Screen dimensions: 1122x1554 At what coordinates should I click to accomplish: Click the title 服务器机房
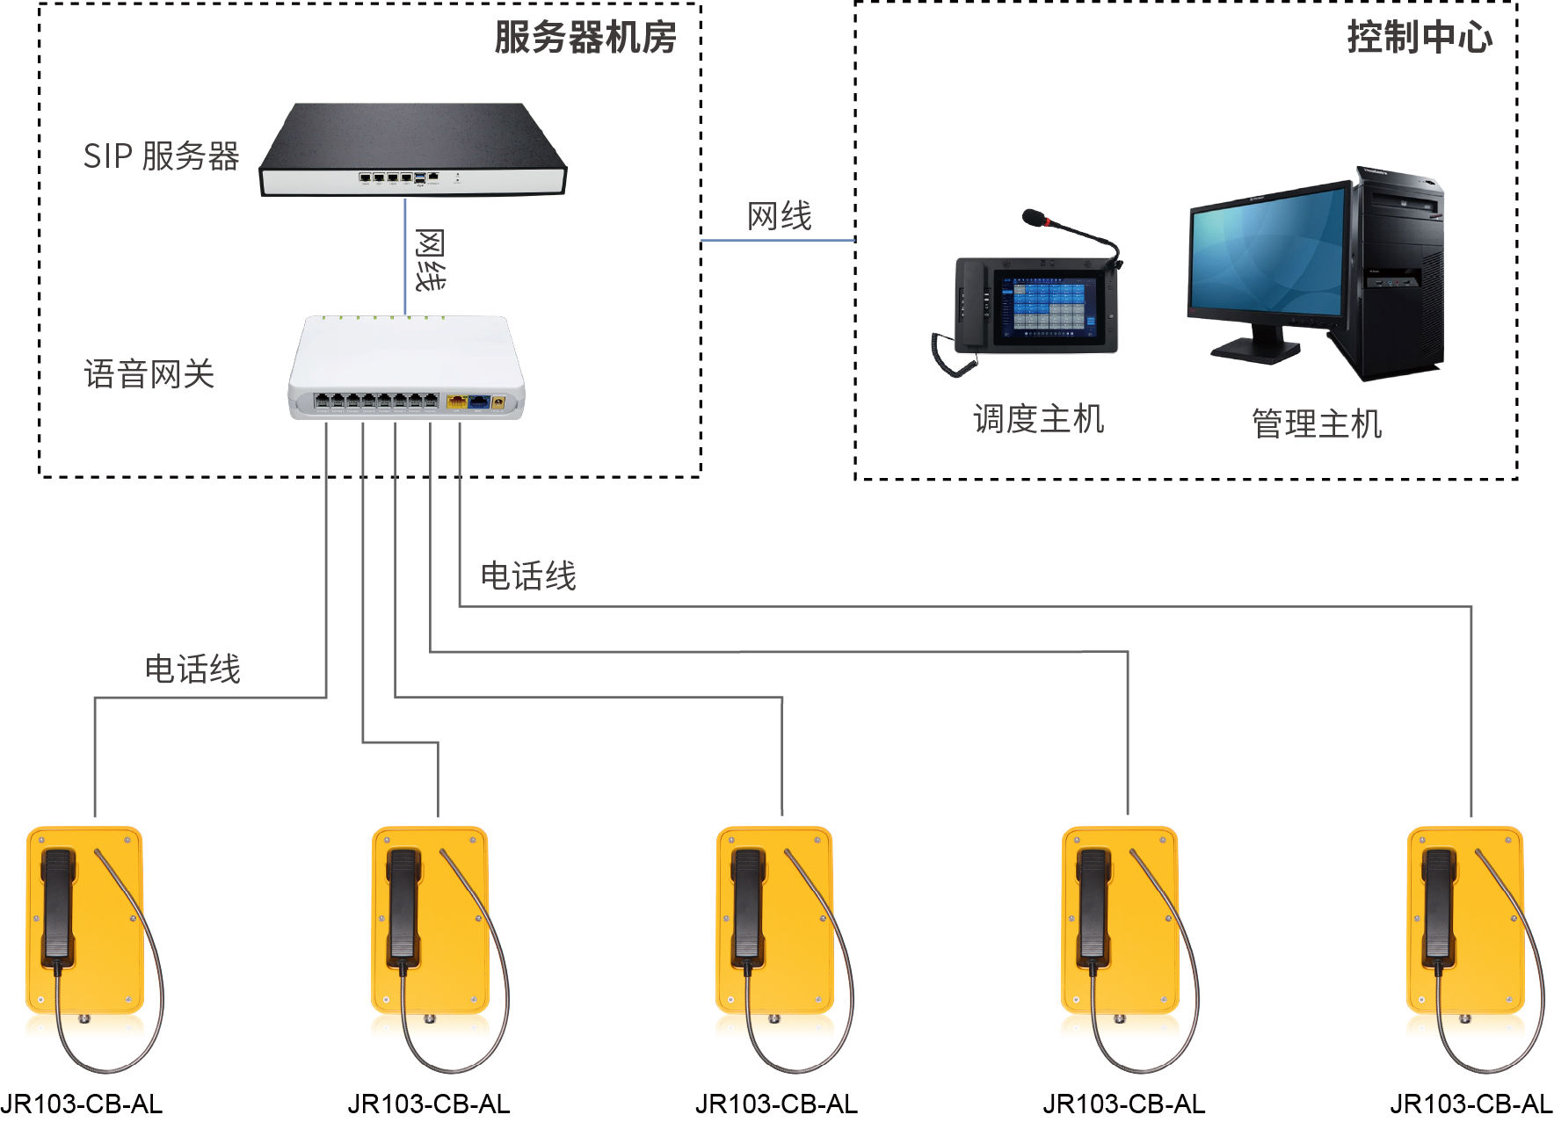tap(585, 38)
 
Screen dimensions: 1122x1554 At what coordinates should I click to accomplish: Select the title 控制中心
tap(1419, 38)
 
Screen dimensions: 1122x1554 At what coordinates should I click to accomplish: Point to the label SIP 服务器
tap(161, 156)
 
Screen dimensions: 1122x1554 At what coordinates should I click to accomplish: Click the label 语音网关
tap(149, 374)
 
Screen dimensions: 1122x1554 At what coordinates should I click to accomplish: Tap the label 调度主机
tap(1038, 419)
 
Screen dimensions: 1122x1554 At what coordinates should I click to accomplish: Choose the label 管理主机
tap(1316, 423)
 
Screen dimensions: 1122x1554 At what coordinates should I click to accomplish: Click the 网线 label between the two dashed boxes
tap(779, 216)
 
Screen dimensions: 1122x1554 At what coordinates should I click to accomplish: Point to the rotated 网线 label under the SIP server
tap(430, 260)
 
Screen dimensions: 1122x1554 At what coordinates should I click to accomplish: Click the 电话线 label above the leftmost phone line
tap(192, 670)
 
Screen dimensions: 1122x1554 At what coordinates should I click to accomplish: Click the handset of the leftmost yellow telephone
tap(57, 905)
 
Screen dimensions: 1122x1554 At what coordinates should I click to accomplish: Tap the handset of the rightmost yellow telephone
tap(1439, 905)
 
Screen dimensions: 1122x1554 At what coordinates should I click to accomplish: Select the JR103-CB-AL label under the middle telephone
tap(776, 1104)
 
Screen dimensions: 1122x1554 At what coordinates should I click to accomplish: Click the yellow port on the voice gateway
tap(456, 402)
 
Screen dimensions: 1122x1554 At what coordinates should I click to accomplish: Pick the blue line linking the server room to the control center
tap(778, 240)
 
